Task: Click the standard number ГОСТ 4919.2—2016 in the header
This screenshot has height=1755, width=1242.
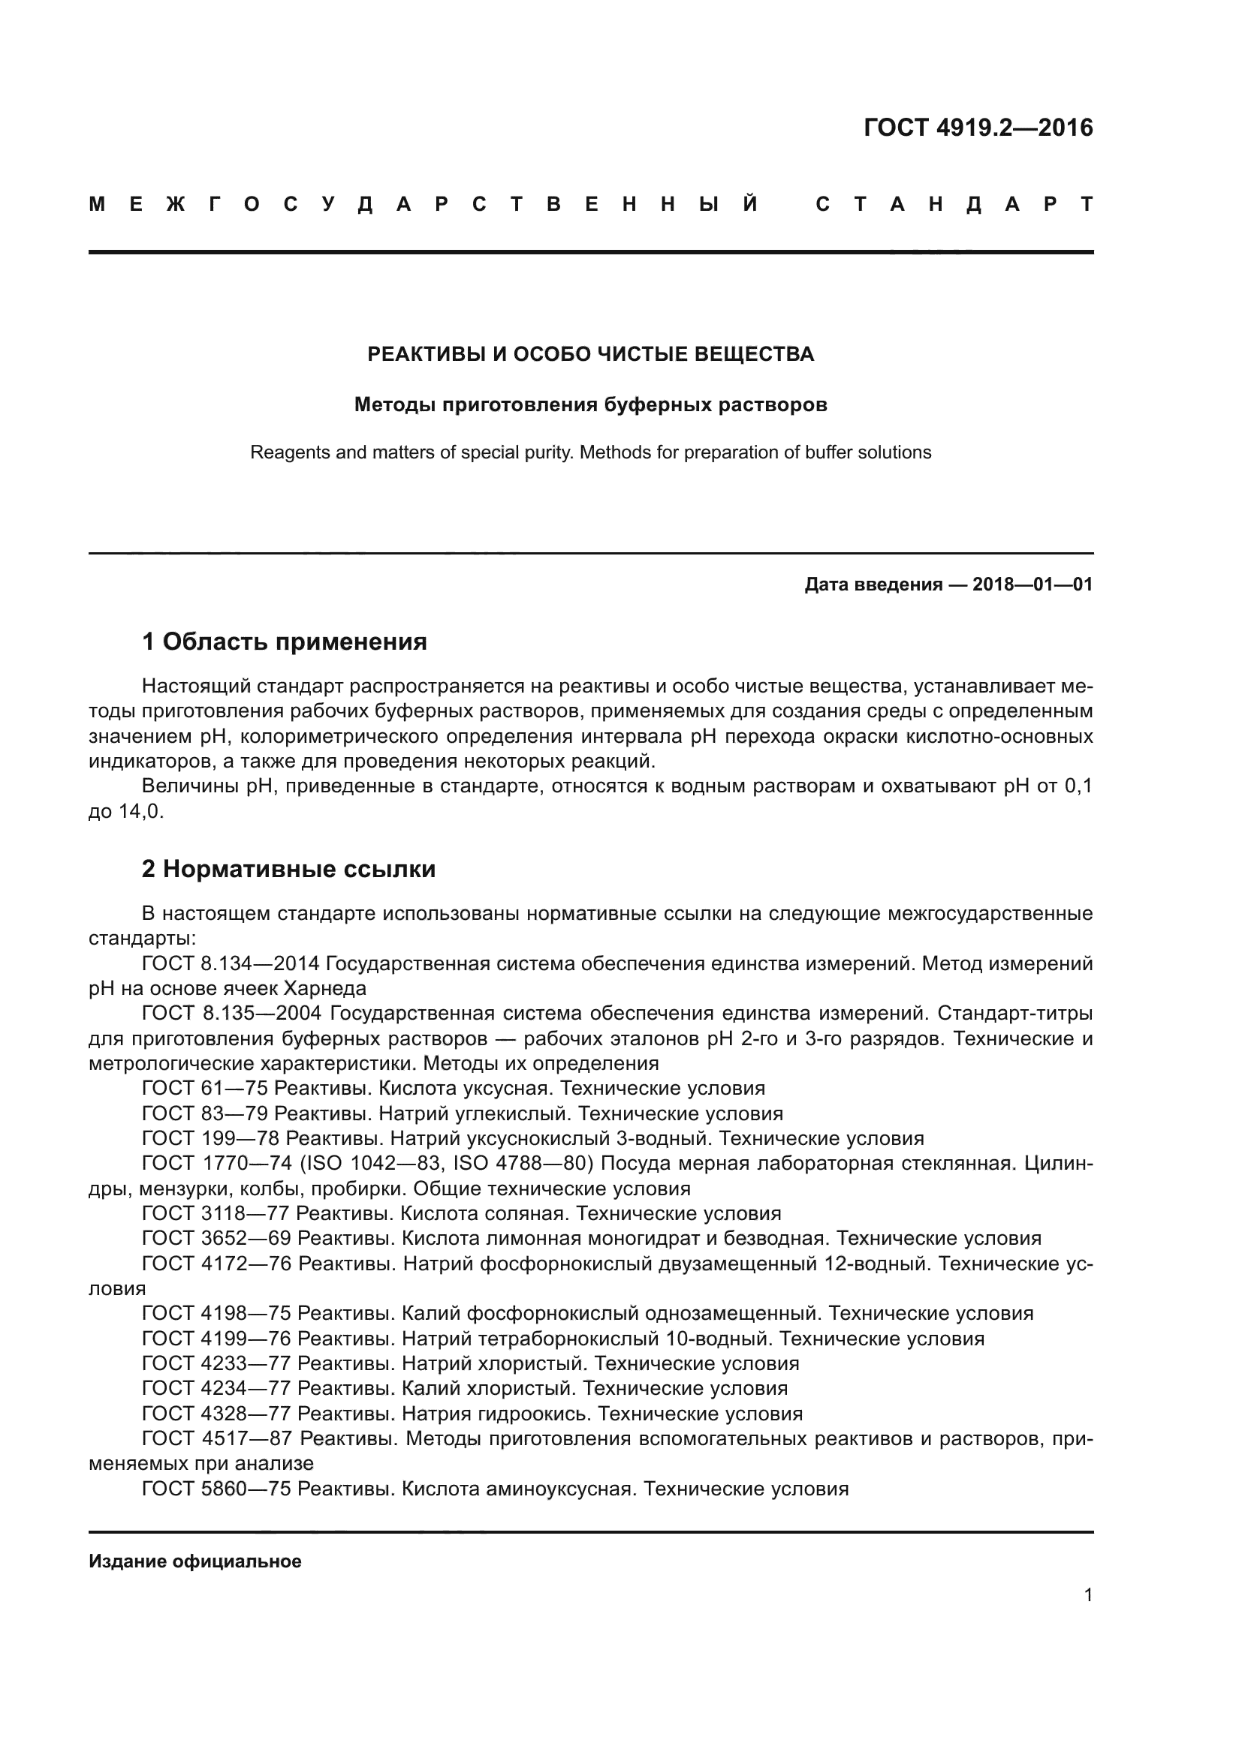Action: pyautogui.click(x=978, y=128)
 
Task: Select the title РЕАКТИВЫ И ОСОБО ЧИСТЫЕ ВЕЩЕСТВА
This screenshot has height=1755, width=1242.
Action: pyautogui.click(x=590, y=354)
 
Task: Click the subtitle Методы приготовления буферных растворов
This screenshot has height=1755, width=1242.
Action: pyautogui.click(x=590, y=404)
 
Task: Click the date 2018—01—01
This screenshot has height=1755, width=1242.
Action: pyautogui.click(x=1032, y=584)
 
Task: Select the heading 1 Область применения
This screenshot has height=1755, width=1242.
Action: pyautogui.click(x=284, y=642)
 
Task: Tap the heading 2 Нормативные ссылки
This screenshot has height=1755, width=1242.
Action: pyautogui.click(x=288, y=869)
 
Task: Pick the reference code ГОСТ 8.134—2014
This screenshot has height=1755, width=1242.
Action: pyautogui.click(x=231, y=964)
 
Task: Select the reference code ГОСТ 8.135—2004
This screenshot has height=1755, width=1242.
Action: pyautogui.click(x=231, y=1014)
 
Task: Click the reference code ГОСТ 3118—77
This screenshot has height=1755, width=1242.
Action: pyautogui.click(x=215, y=1214)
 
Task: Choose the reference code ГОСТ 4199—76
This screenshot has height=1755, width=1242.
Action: pyautogui.click(x=216, y=1339)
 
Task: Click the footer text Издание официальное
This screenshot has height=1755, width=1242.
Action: pyautogui.click(x=195, y=1561)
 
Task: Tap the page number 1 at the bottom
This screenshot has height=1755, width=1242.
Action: pyautogui.click(x=1088, y=1595)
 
